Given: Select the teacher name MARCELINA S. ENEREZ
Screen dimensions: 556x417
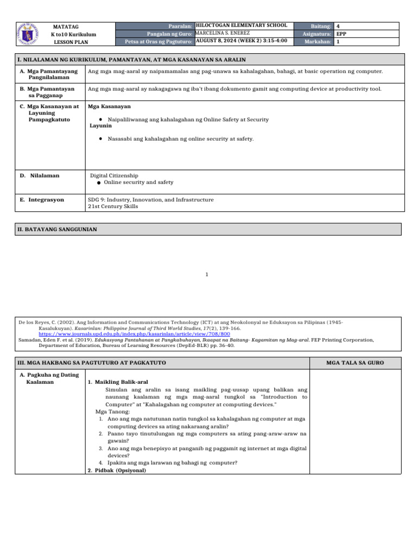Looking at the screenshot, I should coord(223,33).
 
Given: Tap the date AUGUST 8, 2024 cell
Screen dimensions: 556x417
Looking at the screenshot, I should coord(241,41).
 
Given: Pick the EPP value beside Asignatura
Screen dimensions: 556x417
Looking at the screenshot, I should coord(341,33).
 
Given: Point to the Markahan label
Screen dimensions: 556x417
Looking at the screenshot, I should coord(318,41).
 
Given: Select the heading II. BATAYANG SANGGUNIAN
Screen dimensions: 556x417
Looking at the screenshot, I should coord(58,229).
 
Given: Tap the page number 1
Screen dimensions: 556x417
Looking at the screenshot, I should coord(206,275).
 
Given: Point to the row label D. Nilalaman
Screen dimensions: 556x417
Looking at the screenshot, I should coord(40,175).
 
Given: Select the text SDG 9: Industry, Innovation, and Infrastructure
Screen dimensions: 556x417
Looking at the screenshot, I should coord(150,200).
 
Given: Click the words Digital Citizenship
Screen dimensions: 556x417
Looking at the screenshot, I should coord(114,175).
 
